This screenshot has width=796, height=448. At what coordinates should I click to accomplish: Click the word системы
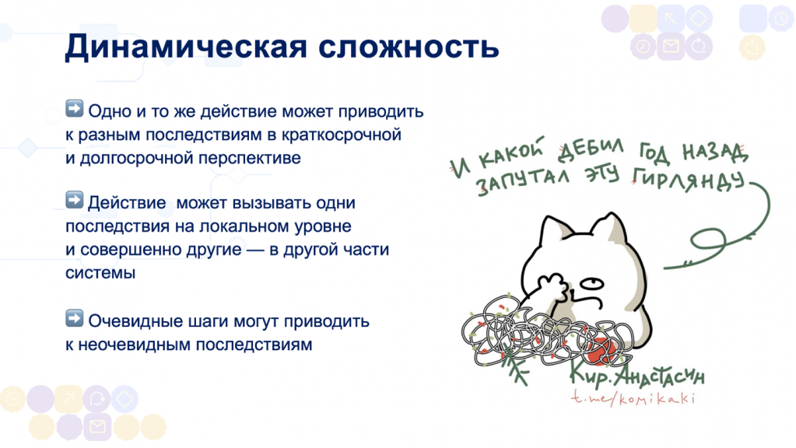[100, 273]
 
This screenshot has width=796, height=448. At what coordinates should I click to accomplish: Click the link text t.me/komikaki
[630, 399]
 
